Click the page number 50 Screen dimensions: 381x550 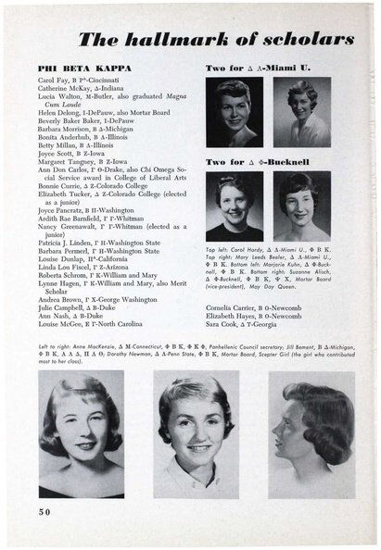click(46, 512)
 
